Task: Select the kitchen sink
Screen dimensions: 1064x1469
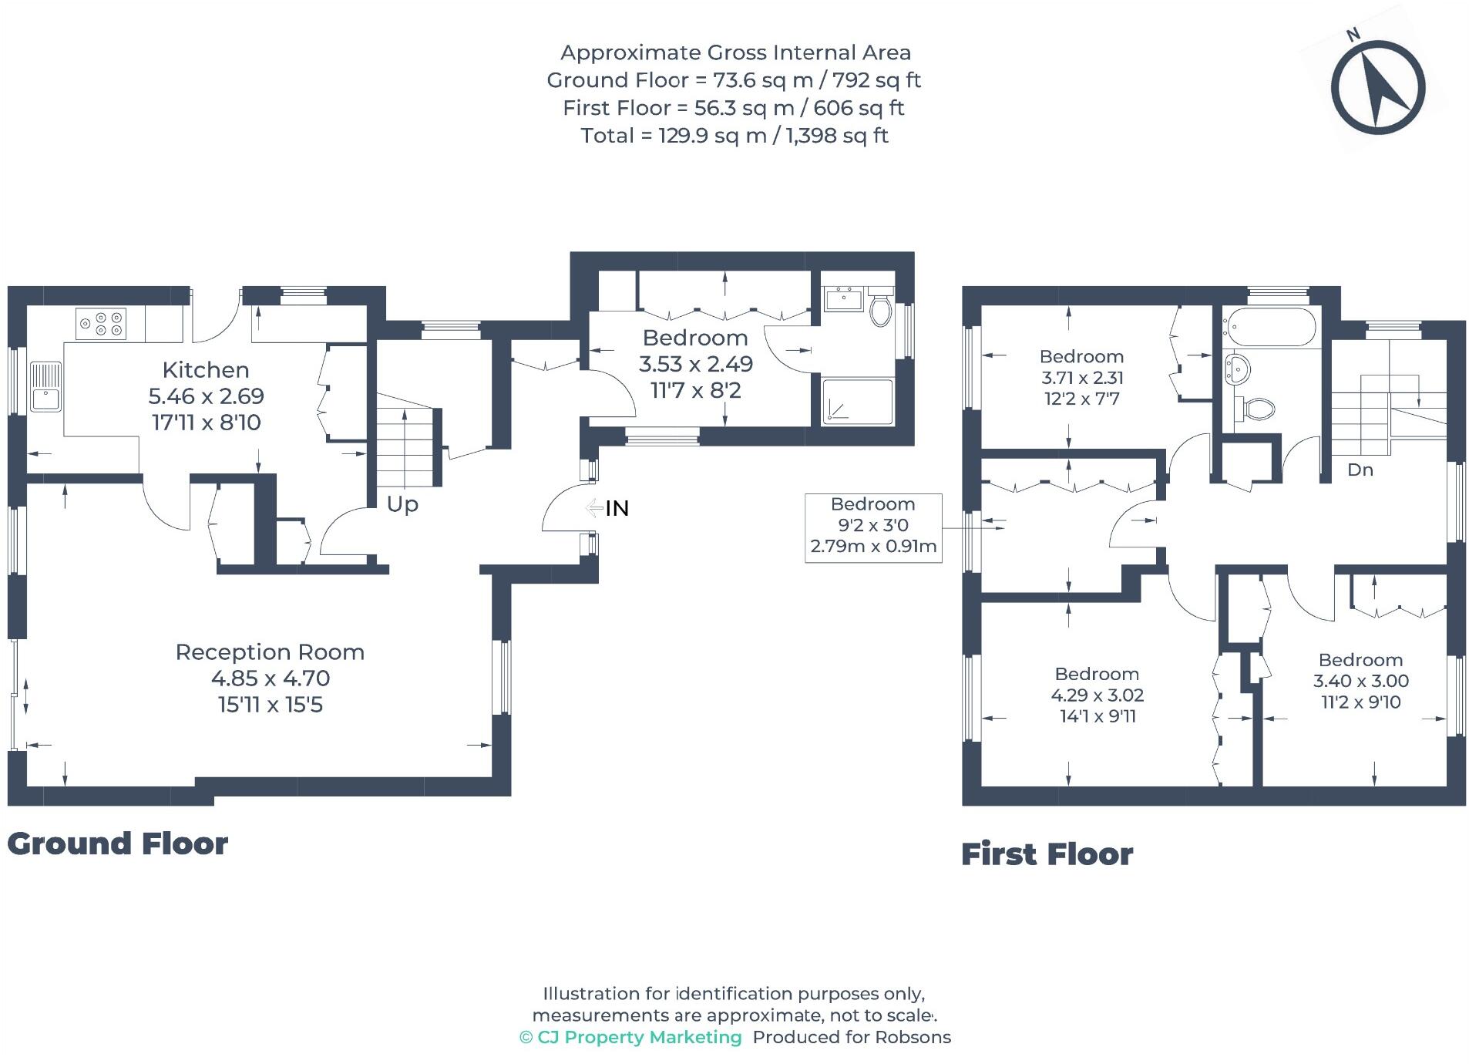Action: (x=46, y=386)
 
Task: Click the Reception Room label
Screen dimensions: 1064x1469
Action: (x=270, y=652)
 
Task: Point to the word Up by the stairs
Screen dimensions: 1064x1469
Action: (x=402, y=503)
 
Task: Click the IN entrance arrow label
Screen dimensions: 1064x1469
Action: (x=616, y=508)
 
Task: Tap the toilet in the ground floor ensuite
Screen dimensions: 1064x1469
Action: (x=880, y=308)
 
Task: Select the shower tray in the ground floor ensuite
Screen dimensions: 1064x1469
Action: (x=857, y=401)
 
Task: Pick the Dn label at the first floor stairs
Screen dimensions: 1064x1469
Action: (x=1360, y=470)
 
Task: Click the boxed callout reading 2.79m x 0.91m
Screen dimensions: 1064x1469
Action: (x=872, y=547)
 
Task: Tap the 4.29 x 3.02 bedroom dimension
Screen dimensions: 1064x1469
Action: (x=1097, y=695)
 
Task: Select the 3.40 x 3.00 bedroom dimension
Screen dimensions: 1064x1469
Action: (x=1360, y=681)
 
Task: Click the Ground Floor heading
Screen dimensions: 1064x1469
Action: (x=117, y=843)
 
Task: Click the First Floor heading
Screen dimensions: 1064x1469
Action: (x=1047, y=854)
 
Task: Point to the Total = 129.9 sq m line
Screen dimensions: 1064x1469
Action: (x=734, y=136)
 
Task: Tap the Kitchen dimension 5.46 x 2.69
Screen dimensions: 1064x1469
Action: (x=206, y=396)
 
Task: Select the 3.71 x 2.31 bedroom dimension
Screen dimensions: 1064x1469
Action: (x=1081, y=378)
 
